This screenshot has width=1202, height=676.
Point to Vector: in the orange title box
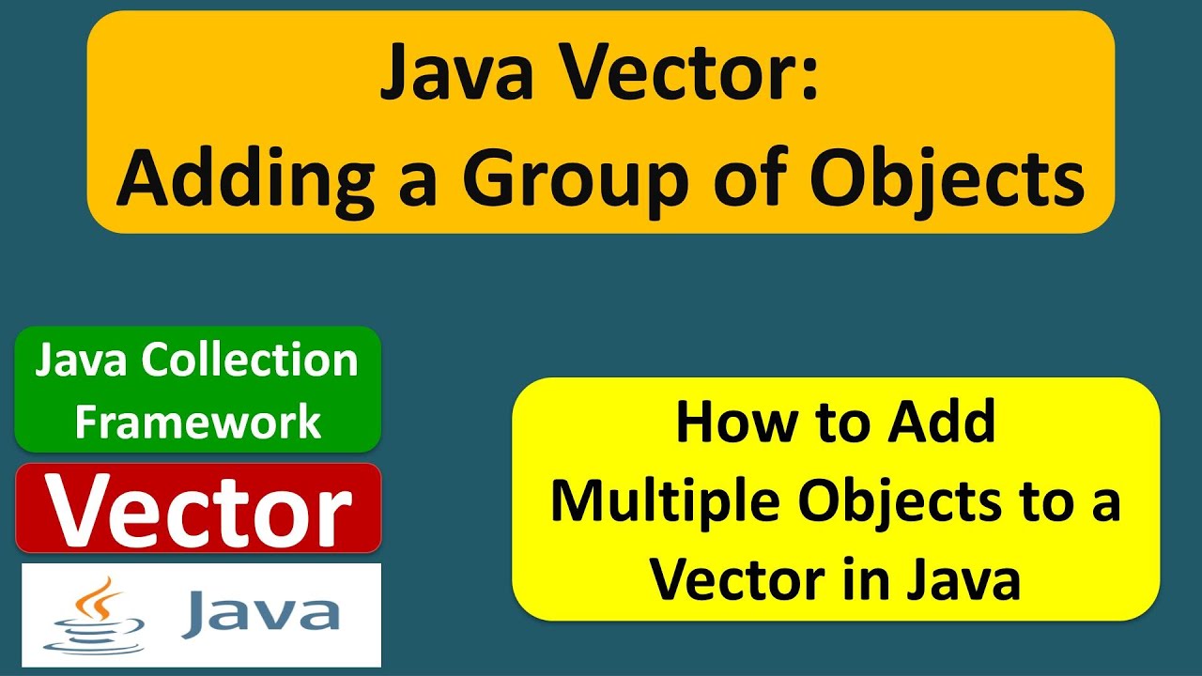(706, 75)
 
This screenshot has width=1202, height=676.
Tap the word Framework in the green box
(198, 422)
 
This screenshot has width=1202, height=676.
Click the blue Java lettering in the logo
(261, 612)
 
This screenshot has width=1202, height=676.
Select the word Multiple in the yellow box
(666, 502)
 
